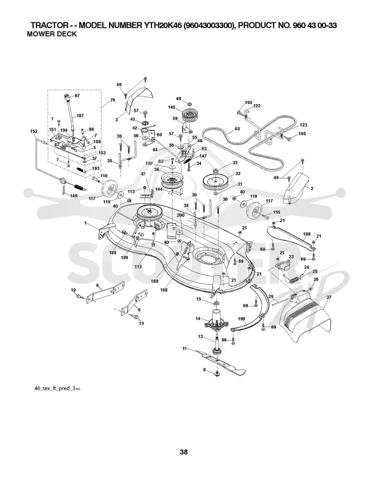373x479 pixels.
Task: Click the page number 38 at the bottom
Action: pos(184,451)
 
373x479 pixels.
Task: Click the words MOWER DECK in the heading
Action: pos(52,34)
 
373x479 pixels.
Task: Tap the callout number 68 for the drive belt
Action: pos(237,129)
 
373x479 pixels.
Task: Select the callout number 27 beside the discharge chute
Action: pos(329,297)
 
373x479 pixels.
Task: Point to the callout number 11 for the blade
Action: pos(185,348)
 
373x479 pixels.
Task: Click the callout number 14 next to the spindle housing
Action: pos(198,319)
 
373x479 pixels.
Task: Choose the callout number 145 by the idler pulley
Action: pos(172,107)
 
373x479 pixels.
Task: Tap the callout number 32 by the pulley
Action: pos(238,173)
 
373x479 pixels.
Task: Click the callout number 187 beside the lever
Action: pos(80,116)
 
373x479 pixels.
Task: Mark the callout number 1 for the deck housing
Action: pos(86,223)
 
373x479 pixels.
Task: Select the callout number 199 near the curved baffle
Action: pos(242,319)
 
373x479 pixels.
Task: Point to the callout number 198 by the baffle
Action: pos(307,234)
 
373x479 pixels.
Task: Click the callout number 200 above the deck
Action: pos(180,215)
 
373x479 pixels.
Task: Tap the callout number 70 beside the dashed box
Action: pos(113,100)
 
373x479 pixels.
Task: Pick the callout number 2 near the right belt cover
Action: pos(312,188)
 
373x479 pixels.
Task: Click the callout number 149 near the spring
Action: pos(74,196)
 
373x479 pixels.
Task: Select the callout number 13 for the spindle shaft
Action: pos(200,337)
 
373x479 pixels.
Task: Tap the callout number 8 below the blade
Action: pos(204,370)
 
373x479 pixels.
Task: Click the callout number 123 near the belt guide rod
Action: pos(304,125)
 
